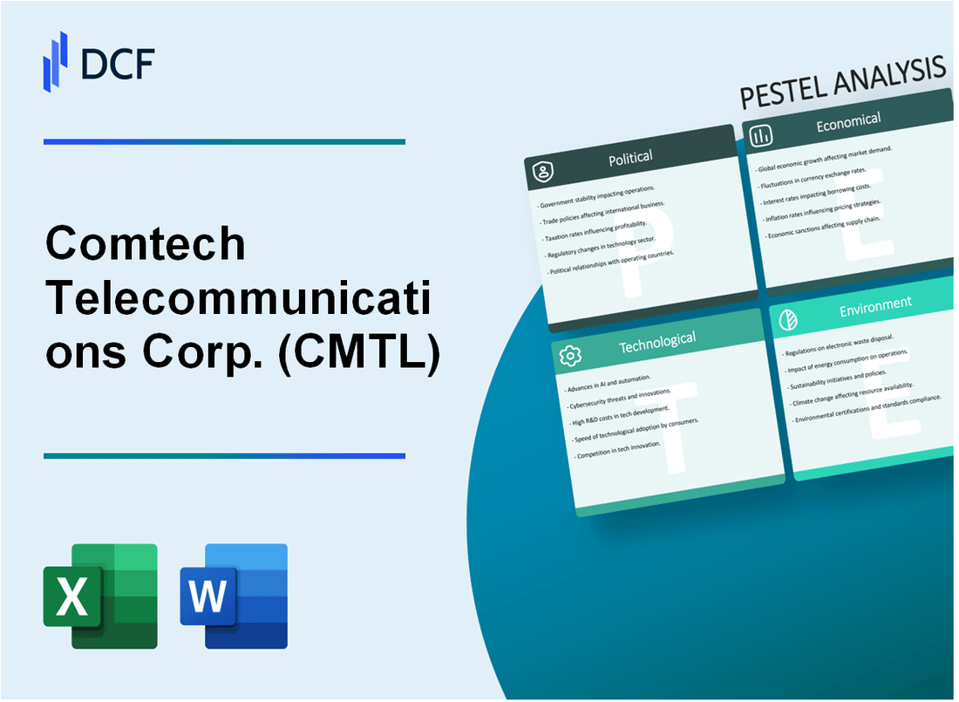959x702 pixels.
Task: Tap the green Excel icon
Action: point(100,596)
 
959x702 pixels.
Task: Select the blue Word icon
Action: point(234,596)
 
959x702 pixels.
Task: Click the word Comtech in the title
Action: point(146,244)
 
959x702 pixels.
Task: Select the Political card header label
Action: point(630,158)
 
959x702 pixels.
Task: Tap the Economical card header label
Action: point(847,123)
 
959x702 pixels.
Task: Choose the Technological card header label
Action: point(656,340)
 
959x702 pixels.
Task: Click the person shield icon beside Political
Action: point(543,173)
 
